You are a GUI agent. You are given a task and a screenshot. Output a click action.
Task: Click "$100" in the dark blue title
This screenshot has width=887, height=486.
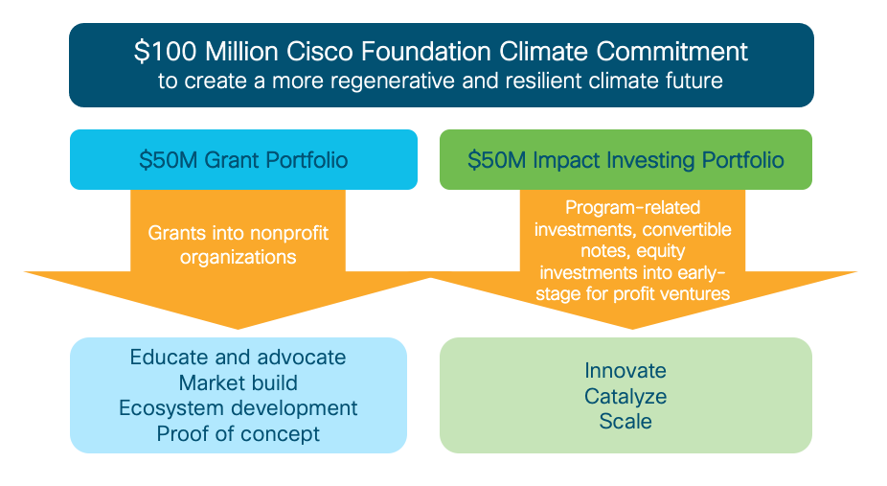[154, 51]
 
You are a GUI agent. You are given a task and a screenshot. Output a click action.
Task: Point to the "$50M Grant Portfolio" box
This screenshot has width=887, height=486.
[243, 159]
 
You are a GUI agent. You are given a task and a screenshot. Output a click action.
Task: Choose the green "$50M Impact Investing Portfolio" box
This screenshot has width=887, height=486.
[625, 159]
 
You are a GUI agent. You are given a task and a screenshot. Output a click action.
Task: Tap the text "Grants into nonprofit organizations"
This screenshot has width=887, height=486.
[236, 244]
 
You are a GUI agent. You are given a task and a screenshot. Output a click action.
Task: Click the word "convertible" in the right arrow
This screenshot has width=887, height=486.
[687, 229]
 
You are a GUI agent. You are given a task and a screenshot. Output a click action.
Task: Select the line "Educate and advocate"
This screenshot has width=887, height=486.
[238, 358]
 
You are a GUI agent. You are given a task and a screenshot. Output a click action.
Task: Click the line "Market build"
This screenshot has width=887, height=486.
[238, 383]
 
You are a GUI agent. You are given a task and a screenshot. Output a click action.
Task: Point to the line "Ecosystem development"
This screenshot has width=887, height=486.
[238, 408]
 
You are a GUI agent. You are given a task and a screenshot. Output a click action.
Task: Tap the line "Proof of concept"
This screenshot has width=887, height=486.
[238, 434]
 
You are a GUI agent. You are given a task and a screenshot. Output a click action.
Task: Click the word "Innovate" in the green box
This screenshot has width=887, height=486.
[625, 370]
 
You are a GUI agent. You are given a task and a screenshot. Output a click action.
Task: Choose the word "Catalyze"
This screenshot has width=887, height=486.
[625, 395]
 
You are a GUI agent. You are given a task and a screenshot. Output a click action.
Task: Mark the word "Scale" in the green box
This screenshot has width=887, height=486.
[625, 421]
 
